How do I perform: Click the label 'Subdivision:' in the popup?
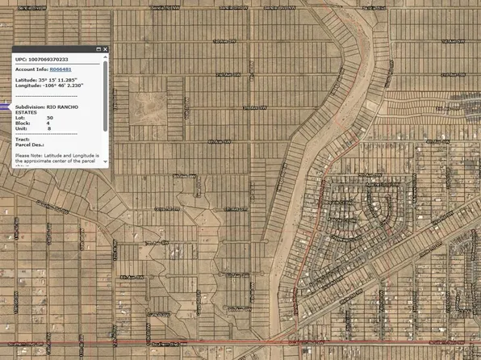pyautogui.click(x=30, y=107)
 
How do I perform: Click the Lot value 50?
pyautogui.click(x=50, y=118)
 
